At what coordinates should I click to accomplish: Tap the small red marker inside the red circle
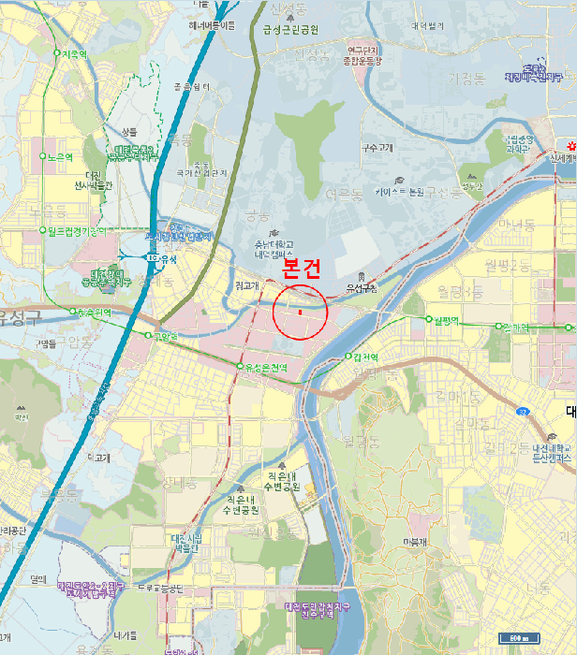pos(299,313)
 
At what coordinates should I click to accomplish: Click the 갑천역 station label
pos(364,357)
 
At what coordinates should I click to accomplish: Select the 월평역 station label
pos(445,321)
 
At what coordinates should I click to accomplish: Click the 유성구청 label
pos(362,288)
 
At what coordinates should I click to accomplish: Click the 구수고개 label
pos(379,148)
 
